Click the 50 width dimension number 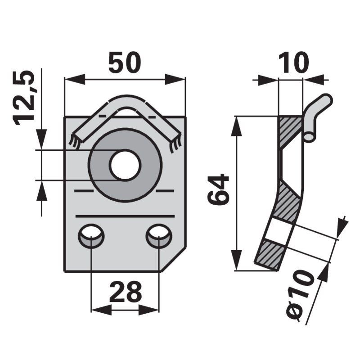tap(124, 63)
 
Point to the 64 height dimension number tap(218, 189)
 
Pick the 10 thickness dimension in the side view tap(294, 63)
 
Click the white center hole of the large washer tap(125, 165)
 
